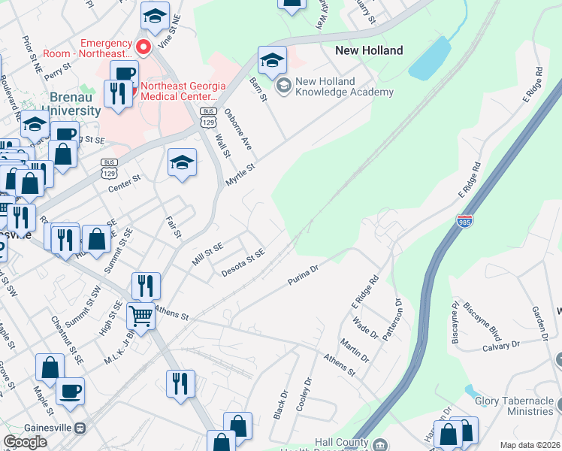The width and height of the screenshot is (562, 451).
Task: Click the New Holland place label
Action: coord(368,50)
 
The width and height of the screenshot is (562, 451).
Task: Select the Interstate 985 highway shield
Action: coord(464,222)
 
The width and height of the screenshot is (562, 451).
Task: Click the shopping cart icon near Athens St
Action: coord(140,316)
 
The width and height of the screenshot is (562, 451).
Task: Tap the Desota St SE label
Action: coord(243,263)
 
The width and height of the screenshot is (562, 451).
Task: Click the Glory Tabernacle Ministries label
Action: coord(514,406)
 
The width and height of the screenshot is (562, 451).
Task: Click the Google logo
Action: coord(26,442)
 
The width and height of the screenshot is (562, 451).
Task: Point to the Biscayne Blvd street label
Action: coord(482,322)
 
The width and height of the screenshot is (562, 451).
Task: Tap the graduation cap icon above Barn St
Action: coord(272,59)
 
